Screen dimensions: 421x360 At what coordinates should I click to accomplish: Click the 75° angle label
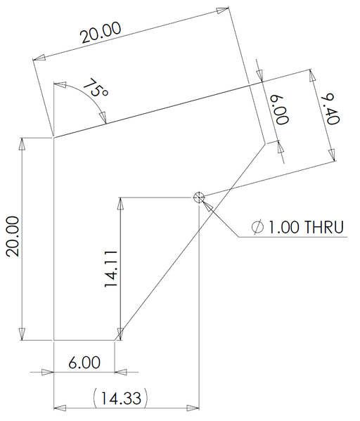tap(96, 89)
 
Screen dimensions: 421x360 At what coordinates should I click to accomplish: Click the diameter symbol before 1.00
tap(257, 227)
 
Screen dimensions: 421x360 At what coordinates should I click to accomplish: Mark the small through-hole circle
tap(199, 197)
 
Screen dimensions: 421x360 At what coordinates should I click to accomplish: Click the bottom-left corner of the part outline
tap(54, 340)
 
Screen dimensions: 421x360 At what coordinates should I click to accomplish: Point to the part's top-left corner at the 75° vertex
tap(54, 138)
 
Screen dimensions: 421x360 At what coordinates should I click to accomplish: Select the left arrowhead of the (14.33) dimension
tap(60, 406)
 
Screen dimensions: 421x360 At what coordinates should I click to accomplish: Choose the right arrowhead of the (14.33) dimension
tap(193, 406)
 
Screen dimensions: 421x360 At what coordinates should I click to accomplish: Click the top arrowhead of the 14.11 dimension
tap(121, 205)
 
